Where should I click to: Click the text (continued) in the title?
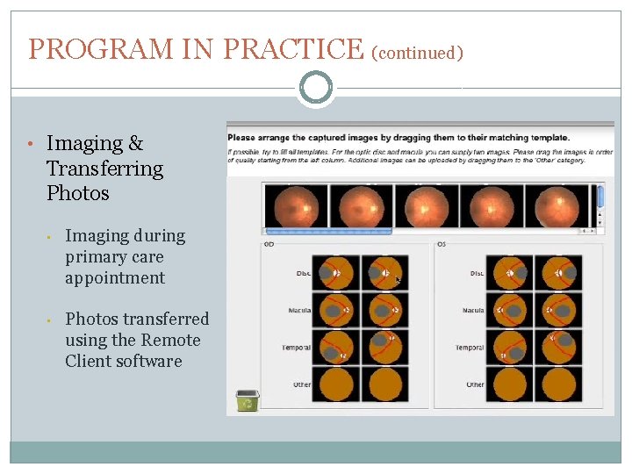click(x=417, y=53)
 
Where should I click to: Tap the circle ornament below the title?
click(x=315, y=88)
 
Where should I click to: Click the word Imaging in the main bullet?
click(x=84, y=144)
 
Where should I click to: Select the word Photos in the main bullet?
click(x=77, y=193)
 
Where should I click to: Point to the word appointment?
click(x=114, y=278)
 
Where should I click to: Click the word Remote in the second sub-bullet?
click(x=170, y=341)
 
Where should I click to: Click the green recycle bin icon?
click(x=247, y=400)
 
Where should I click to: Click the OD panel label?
click(x=269, y=244)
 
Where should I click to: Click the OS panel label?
click(x=442, y=244)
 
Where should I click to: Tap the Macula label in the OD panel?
click(x=298, y=311)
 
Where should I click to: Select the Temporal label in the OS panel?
click(x=469, y=348)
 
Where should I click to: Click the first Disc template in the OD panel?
click(x=336, y=273)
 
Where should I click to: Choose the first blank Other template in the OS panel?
click(x=508, y=384)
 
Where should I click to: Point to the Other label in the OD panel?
click(x=302, y=384)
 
